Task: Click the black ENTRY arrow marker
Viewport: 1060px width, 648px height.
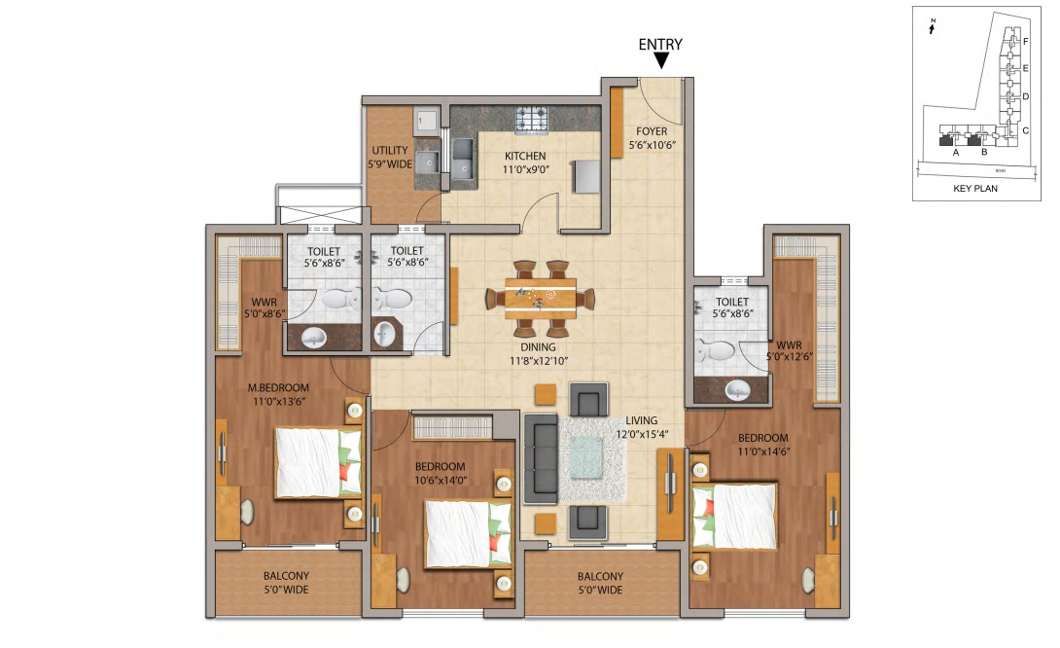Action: point(661,61)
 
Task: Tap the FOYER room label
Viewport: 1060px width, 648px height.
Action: point(652,137)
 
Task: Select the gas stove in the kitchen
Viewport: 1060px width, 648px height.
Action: point(531,120)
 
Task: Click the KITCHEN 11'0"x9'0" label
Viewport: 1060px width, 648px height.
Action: point(525,162)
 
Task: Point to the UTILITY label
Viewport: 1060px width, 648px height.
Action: point(389,157)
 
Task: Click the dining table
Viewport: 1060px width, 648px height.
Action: point(540,297)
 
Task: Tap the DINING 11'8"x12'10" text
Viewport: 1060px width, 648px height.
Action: point(538,353)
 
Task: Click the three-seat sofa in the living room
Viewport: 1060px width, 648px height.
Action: point(540,458)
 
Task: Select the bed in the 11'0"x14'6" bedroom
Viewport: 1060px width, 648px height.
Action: point(734,516)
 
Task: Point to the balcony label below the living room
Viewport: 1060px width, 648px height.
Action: point(599,583)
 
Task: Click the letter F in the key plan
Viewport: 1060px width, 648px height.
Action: point(1026,42)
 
